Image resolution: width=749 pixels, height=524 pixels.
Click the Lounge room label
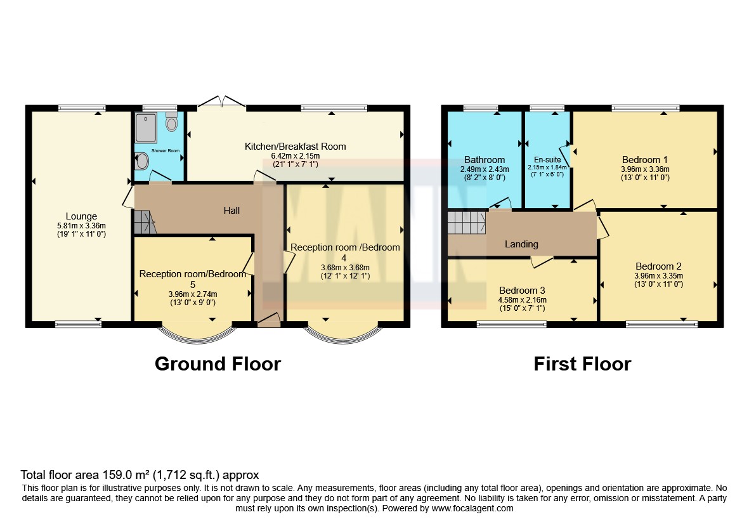81,216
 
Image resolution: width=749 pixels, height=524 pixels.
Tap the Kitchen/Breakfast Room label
295,147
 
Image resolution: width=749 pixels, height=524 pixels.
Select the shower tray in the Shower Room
146,128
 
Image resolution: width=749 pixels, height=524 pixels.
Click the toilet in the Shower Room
171,122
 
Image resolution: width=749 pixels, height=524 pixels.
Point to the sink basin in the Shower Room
142,161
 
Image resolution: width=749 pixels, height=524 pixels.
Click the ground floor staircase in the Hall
144,222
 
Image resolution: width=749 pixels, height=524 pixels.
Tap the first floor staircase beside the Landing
467,223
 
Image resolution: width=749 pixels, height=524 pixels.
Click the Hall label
231,211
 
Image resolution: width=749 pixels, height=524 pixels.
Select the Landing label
521,245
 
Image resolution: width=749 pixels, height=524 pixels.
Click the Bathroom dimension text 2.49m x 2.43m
485,169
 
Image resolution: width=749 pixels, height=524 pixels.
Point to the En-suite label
547,160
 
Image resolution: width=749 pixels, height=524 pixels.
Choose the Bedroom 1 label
645,160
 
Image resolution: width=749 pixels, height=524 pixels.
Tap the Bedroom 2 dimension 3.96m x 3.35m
659,276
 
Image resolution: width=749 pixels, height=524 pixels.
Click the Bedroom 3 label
522,291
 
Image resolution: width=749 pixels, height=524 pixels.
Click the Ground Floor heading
218,364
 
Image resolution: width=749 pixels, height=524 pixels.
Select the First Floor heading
582,364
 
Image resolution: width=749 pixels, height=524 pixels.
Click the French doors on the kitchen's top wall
221,102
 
